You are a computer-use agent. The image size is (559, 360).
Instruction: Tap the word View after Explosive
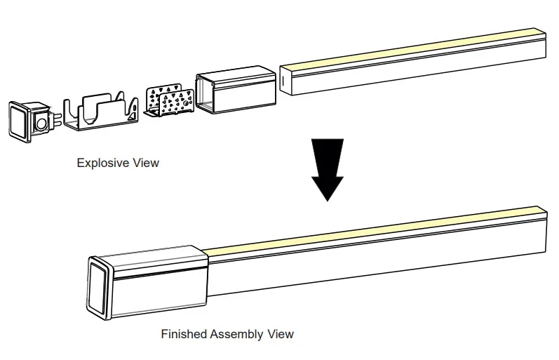pyautogui.click(x=146, y=163)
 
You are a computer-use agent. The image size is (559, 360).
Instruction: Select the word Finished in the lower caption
pyautogui.click(x=184, y=334)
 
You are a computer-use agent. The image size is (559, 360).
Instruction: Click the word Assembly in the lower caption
pyautogui.click(x=236, y=334)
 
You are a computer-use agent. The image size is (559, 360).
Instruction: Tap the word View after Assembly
pyautogui.click(x=280, y=334)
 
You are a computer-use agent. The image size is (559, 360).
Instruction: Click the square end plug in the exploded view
pyautogui.click(x=22, y=121)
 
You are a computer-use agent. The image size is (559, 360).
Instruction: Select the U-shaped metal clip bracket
pyautogui.click(x=98, y=112)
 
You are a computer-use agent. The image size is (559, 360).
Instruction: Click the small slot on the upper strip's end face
pyautogui.click(x=283, y=81)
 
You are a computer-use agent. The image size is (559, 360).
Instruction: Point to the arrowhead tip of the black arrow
pyautogui.click(x=327, y=200)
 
